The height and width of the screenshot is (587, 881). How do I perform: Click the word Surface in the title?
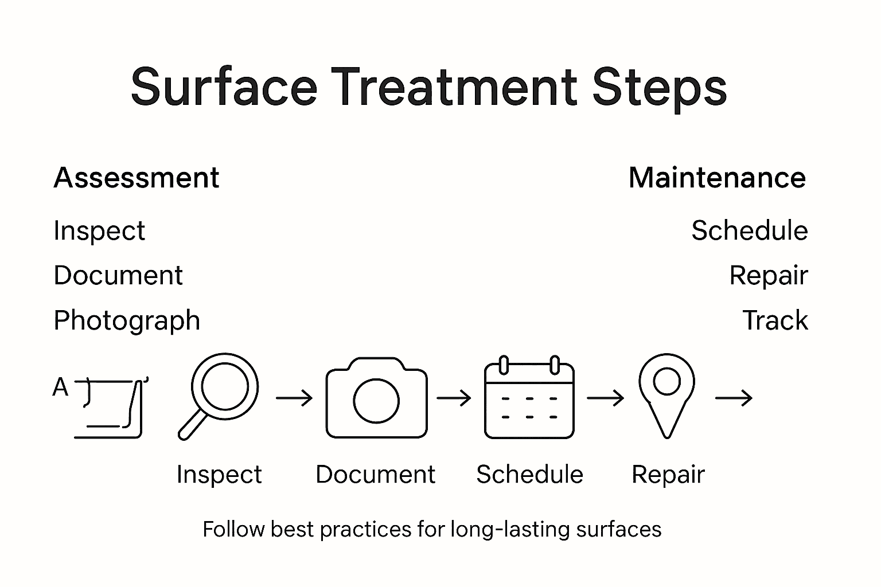tap(224, 87)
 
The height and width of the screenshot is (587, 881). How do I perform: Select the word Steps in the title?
tap(660, 87)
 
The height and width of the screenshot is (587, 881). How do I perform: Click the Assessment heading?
tap(136, 178)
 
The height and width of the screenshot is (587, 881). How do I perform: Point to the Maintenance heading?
tap(717, 178)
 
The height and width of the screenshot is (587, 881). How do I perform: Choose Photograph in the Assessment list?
tap(127, 320)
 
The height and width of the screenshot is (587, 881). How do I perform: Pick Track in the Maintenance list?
tap(775, 320)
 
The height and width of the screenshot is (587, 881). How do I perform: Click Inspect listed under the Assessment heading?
tap(99, 231)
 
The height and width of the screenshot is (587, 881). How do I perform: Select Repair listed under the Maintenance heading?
tap(768, 276)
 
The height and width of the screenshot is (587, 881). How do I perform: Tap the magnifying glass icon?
tap(221, 392)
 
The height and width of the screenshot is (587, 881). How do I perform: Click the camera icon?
tap(376, 398)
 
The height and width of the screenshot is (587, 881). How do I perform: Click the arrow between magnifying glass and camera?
tap(294, 398)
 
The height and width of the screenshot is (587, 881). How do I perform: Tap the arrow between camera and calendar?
tap(454, 398)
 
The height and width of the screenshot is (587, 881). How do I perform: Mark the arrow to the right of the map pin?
tap(734, 398)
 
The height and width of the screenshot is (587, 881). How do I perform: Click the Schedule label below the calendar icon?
tap(529, 475)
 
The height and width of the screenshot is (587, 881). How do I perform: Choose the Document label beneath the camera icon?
tap(375, 475)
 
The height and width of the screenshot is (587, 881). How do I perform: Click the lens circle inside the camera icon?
tap(376, 401)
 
